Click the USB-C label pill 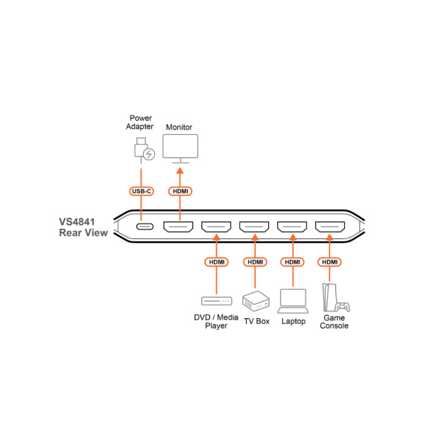pyautogui.click(x=142, y=191)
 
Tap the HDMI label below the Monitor pyautogui.click(x=180, y=191)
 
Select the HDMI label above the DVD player pyautogui.click(x=216, y=262)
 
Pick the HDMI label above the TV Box pyautogui.click(x=255, y=262)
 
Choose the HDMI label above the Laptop pyautogui.click(x=293, y=262)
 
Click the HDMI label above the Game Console pyautogui.click(x=329, y=262)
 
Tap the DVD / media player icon pyautogui.click(x=217, y=301)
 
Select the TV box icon pyautogui.click(x=256, y=301)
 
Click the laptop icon pyautogui.click(x=293, y=301)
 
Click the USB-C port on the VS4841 pyautogui.click(x=145, y=226)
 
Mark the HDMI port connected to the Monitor pyautogui.click(x=178, y=227)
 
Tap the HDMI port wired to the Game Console pyautogui.click(x=330, y=227)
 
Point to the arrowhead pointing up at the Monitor pyautogui.click(x=180, y=171)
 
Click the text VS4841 pyautogui.click(x=77, y=222)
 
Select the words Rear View pyautogui.click(x=83, y=232)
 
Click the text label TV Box pyautogui.click(x=256, y=321)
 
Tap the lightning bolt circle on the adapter pyautogui.click(x=149, y=154)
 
